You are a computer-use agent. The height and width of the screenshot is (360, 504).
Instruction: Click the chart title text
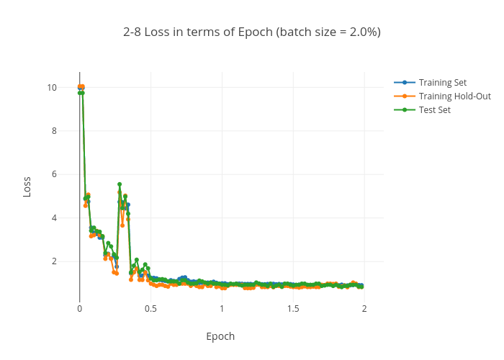(x=252, y=32)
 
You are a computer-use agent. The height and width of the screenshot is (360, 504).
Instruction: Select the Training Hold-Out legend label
(x=454, y=96)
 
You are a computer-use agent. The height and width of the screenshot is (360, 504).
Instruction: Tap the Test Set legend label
(x=434, y=109)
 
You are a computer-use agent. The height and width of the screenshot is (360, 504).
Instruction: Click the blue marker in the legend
(x=405, y=82)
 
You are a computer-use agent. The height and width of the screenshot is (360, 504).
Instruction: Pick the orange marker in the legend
(x=405, y=96)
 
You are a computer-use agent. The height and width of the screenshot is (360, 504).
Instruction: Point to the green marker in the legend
(x=405, y=109)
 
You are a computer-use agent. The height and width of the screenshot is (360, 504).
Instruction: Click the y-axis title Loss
(x=27, y=187)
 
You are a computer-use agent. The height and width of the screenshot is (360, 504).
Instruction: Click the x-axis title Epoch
(x=220, y=336)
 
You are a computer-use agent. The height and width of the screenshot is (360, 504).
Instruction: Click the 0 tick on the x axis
(x=79, y=309)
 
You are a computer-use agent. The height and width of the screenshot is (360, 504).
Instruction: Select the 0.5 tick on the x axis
(x=150, y=309)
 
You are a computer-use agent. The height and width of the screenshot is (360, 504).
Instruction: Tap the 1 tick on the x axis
(x=222, y=309)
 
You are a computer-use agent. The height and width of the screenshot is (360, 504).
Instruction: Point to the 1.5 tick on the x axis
(x=293, y=309)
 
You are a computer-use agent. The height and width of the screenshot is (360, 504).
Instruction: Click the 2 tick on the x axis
(x=364, y=309)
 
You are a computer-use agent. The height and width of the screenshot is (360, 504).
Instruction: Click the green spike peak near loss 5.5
(x=120, y=184)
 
